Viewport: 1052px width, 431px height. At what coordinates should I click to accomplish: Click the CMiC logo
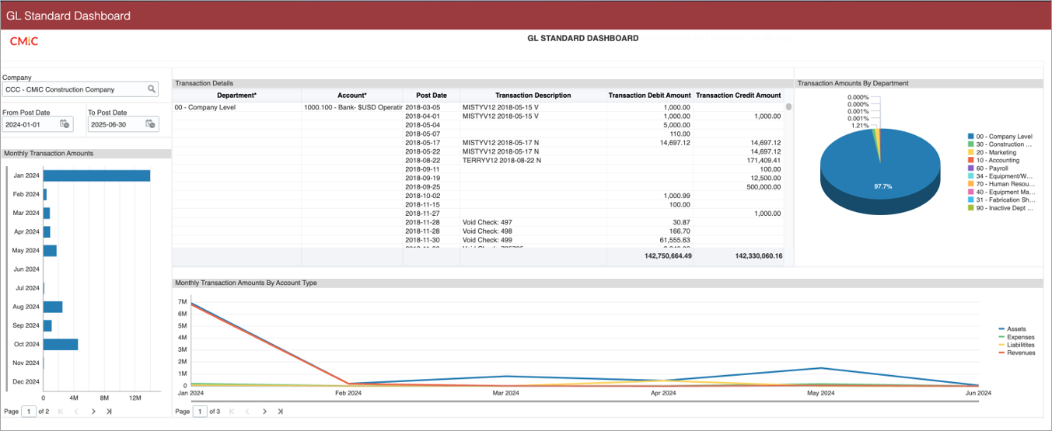(23, 41)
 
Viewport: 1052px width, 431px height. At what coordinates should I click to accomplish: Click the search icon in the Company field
(152, 89)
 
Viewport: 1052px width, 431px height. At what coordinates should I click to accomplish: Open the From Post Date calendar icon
(65, 124)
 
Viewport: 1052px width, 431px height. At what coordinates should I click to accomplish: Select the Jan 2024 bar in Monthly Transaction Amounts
(96, 176)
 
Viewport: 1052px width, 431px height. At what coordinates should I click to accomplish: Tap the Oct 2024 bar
(61, 344)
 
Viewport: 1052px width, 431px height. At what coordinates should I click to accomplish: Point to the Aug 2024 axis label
(26, 307)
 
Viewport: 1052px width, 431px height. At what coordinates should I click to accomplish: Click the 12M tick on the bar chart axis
(135, 398)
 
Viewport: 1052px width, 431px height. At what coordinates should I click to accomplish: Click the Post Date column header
(431, 96)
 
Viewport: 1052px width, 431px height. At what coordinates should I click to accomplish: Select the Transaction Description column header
(533, 96)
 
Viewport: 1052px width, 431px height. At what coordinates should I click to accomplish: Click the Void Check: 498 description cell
(487, 231)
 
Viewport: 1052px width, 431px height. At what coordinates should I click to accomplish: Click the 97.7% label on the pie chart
(882, 186)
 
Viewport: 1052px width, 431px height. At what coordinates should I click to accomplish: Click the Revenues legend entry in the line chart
(1020, 353)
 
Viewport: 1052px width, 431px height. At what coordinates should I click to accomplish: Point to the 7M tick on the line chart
(182, 301)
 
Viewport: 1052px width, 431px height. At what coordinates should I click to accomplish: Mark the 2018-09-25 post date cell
(423, 186)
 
